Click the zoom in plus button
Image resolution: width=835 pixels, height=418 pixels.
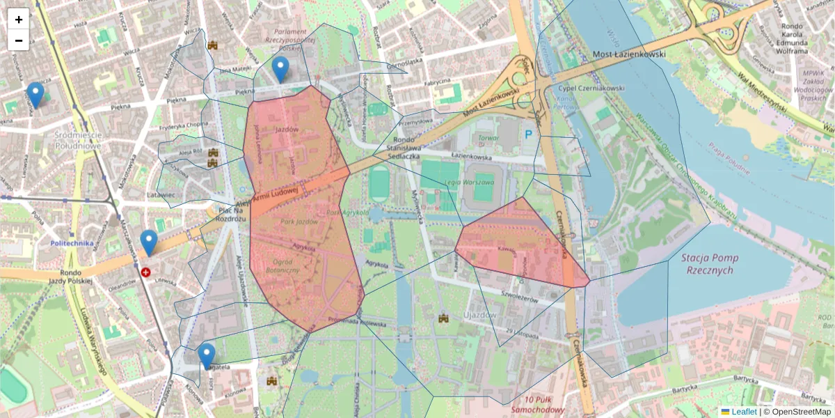(x=19, y=20)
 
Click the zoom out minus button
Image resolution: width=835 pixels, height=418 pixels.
(x=19, y=40)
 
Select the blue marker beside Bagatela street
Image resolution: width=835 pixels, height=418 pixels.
(x=207, y=355)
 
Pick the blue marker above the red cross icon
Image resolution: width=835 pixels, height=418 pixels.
(x=148, y=242)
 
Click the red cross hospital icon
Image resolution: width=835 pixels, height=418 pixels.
(x=145, y=272)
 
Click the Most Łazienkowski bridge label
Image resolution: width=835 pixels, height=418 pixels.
(x=628, y=54)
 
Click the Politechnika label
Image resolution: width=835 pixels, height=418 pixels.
(x=72, y=243)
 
